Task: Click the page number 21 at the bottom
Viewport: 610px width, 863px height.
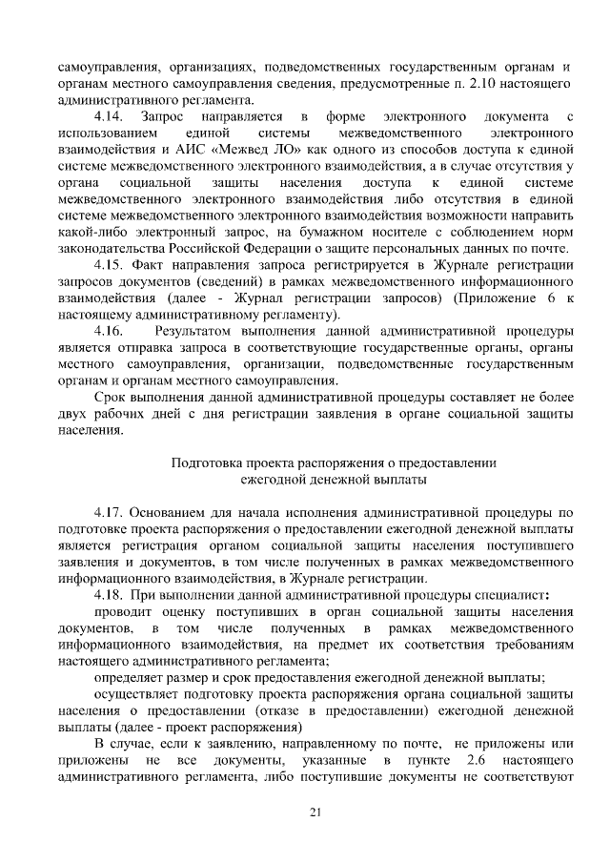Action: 315,812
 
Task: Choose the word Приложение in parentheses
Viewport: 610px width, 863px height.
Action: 500,297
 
